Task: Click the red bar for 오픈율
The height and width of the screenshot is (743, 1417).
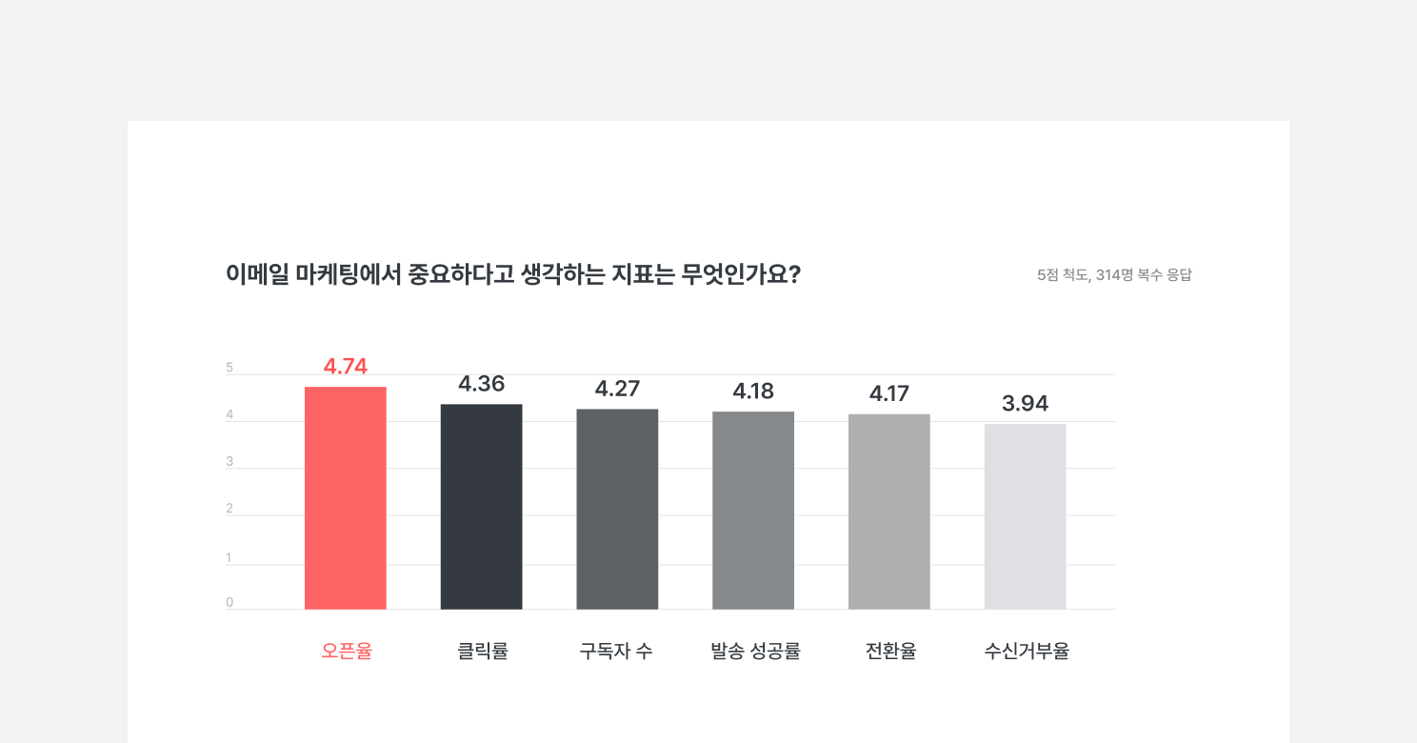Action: [x=346, y=497]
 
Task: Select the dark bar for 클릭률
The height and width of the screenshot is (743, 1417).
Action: [x=481, y=506]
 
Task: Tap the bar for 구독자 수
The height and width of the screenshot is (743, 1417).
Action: [x=617, y=509]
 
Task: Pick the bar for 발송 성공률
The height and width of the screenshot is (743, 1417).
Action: [x=753, y=510]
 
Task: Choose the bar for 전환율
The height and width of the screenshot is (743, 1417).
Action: [x=889, y=512]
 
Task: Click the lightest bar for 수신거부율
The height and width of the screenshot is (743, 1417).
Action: [x=1025, y=516]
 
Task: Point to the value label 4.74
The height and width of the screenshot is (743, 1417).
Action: [x=346, y=367]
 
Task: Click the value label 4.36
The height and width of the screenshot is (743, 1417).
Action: [x=481, y=384]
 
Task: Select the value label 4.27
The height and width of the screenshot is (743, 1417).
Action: [x=617, y=389]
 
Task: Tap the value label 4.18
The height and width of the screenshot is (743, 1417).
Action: [x=753, y=391]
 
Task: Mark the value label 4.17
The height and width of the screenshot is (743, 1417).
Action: [x=889, y=393]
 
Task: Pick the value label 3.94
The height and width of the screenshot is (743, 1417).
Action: [x=1025, y=404]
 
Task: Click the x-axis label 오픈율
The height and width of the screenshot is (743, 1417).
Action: [x=347, y=652]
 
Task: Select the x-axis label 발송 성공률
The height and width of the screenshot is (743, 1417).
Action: [x=755, y=652]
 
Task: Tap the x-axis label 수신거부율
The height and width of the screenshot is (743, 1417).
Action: [x=1027, y=652]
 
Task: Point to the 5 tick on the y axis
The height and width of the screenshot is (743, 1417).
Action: [x=230, y=368]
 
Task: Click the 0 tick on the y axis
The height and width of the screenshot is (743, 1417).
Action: [x=230, y=602]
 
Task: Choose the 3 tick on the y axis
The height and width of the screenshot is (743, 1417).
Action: [x=230, y=462]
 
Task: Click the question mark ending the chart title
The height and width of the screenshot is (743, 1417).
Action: [x=794, y=274]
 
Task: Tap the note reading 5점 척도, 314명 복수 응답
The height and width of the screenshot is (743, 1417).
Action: [x=1114, y=275]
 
